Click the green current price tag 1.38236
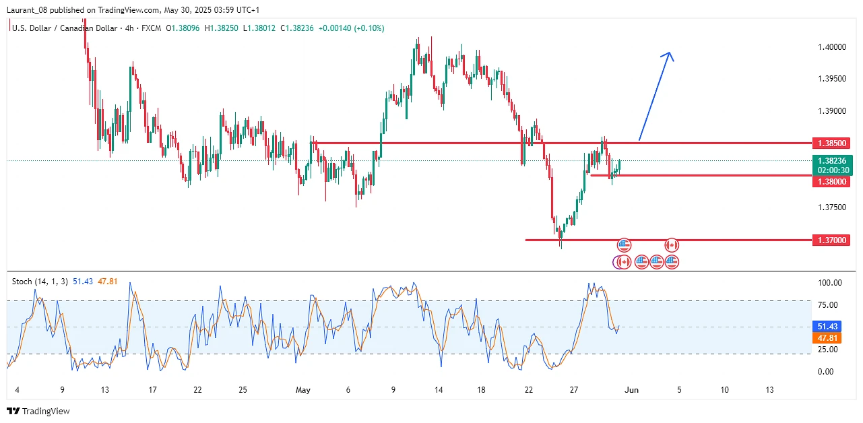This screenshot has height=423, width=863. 833,161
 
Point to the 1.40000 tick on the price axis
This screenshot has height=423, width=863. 831,47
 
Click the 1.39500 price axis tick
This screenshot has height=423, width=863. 831,79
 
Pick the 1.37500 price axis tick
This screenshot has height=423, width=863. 831,207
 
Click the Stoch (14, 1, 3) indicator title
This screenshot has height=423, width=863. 40,282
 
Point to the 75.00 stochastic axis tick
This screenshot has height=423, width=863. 829,305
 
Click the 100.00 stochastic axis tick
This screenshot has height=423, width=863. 829,283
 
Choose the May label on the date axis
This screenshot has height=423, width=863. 303,389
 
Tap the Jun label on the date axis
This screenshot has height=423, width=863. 632,389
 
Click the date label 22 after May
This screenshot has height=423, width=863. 529,389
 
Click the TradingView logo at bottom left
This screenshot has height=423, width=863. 38,411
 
